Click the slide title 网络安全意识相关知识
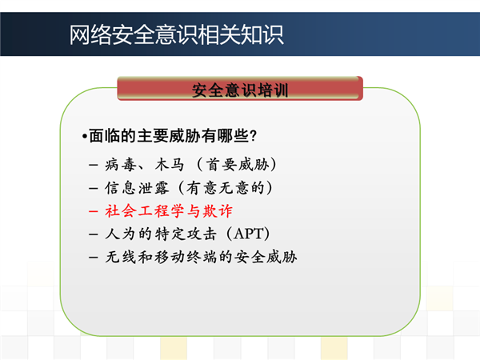[x=176, y=34]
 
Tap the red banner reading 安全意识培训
[x=240, y=89]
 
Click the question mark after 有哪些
[x=253, y=136]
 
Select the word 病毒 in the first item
[x=121, y=164]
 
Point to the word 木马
[x=170, y=164]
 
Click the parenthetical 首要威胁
[x=238, y=164]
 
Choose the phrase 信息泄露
[x=137, y=188]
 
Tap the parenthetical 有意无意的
[x=226, y=188]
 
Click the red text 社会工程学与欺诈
[x=169, y=211]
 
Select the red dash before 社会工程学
[x=94, y=211]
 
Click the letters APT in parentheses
[x=248, y=234]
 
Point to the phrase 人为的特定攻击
[x=161, y=234]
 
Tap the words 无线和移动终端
[x=161, y=257]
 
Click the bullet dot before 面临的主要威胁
[x=85, y=136]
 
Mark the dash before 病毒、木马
[x=94, y=165]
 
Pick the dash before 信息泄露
[x=94, y=188]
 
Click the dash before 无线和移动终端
[x=94, y=257]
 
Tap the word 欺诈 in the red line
[x=217, y=211]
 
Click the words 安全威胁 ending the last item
[x=266, y=257]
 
